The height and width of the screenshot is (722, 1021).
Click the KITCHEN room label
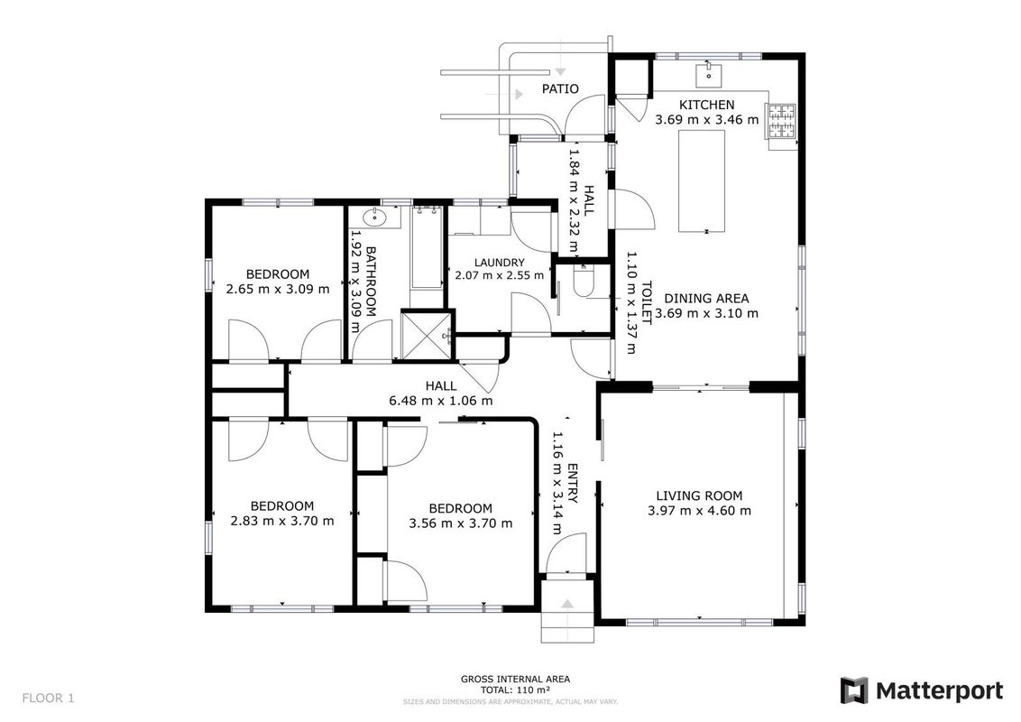point(706,105)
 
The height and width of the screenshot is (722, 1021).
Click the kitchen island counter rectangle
point(702,180)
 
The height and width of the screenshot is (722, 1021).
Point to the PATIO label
point(560,88)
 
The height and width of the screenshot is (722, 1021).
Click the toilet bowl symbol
point(584,282)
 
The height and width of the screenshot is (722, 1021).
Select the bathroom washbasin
point(373,218)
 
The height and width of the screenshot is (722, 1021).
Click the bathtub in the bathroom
point(428,247)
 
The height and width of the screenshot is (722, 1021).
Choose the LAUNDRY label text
point(499,263)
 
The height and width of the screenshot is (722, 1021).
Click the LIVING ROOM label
point(699,495)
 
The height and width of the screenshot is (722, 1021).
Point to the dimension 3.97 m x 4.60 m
point(699,511)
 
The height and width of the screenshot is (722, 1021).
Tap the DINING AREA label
point(706,299)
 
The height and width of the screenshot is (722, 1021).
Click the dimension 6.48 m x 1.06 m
point(441,401)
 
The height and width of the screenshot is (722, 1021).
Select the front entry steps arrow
point(567,606)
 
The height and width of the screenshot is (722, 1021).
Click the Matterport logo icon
point(853,690)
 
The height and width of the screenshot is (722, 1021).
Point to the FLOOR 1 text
point(48,699)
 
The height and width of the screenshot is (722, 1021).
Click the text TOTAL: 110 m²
point(515,690)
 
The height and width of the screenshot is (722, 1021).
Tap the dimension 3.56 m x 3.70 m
point(460,523)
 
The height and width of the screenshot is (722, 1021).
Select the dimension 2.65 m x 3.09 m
point(278,289)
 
